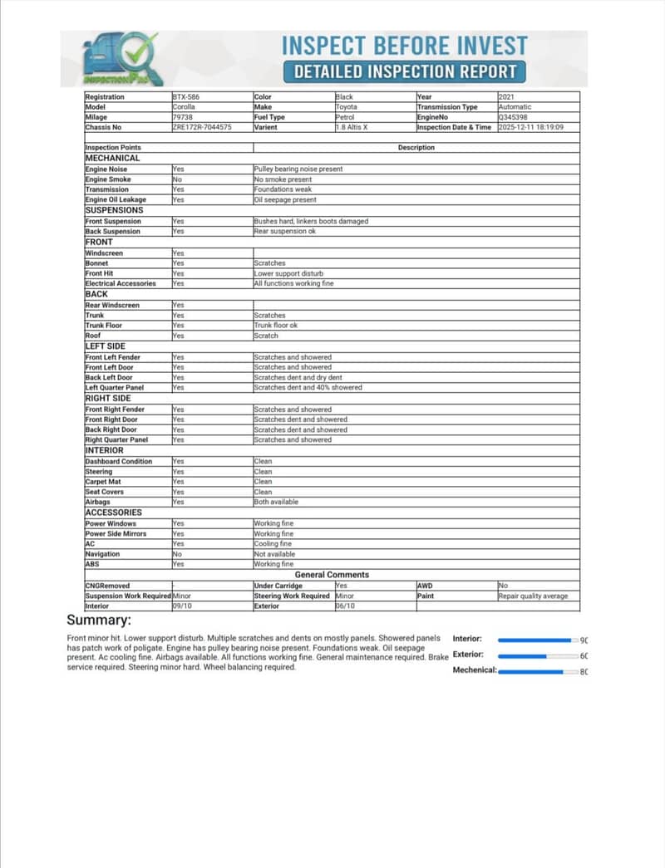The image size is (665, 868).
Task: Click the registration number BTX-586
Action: click(185, 97)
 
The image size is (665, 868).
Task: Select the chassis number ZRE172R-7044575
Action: click(201, 127)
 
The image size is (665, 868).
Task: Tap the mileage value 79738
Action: click(182, 117)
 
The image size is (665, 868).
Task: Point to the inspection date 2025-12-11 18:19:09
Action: click(530, 127)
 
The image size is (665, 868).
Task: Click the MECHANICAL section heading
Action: click(113, 158)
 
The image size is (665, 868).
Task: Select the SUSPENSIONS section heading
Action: click(114, 210)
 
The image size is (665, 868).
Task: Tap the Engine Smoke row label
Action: click(108, 179)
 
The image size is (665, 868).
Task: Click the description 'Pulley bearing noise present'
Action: click(298, 169)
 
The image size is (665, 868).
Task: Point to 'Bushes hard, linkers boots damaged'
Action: click(311, 222)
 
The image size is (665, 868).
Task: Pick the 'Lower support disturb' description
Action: click(288, 273)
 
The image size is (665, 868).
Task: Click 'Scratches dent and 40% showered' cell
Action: click(308, 388)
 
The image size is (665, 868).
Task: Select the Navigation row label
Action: click(103, 554)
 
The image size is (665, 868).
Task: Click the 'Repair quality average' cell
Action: click(533, 596)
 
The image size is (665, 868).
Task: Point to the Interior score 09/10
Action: click(182, 606)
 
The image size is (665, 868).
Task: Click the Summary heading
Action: click(99, 620)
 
